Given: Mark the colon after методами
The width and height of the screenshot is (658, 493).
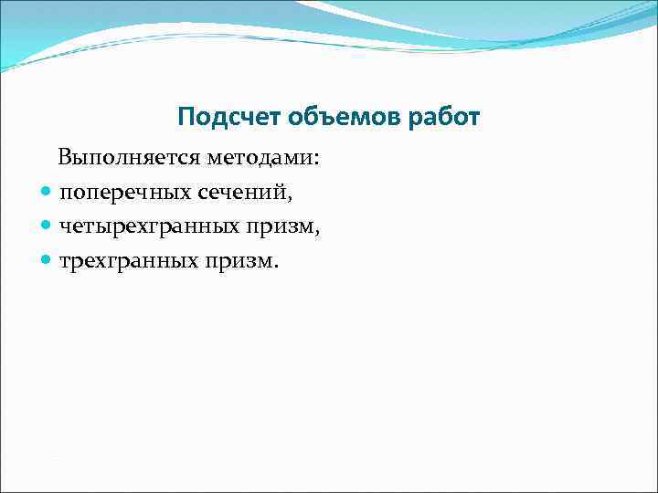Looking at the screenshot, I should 317,160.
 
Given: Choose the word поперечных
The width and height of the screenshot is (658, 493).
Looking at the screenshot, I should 126,193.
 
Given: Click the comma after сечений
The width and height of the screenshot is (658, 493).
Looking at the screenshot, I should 292,198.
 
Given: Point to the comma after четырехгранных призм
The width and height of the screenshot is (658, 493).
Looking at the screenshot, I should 317,233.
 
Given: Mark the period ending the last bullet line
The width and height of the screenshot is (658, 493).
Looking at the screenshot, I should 276,267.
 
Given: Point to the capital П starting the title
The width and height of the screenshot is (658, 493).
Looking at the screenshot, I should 186,118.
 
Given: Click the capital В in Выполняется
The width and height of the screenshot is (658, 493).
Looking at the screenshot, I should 66,158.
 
